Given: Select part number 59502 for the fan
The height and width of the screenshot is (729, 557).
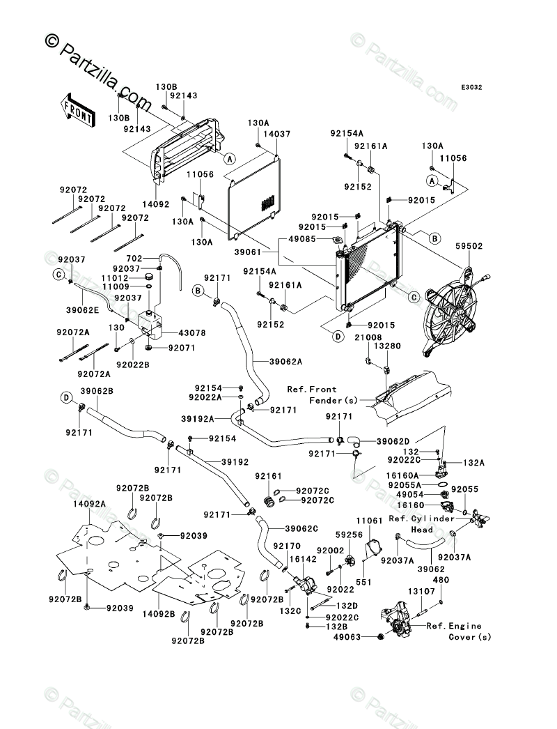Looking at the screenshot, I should pyautogui.click(x=469, y=246).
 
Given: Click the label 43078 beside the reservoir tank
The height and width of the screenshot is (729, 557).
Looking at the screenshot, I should pyautogui.click(x=191, y=333).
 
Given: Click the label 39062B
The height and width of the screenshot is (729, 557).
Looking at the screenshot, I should pyautogui.click(x=97, y=391).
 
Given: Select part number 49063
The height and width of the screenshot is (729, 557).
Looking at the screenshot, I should pyautogui.click(x=347, y=636).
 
